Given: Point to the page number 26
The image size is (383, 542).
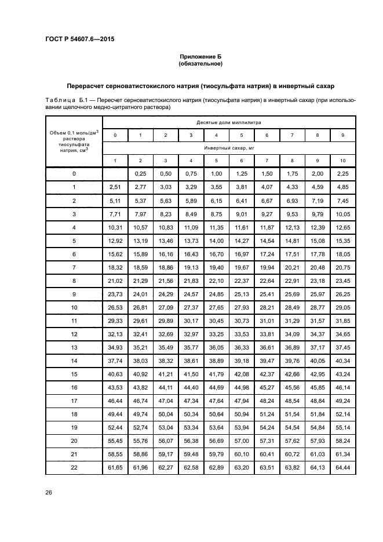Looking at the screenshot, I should (x=49, y=492).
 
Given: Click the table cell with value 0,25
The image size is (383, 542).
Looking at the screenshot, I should (x=140, y=173).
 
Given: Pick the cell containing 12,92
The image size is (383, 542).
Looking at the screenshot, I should (x=115, y=240).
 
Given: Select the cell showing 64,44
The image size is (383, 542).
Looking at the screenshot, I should (x=342, y=467).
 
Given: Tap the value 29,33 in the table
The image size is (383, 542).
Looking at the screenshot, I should (x=115, y=320).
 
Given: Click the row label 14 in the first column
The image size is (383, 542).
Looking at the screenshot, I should (x=74, y=360).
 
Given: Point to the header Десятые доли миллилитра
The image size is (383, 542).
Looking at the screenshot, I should (x=228, y=122).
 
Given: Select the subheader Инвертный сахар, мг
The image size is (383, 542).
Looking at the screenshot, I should (x=228, y=148).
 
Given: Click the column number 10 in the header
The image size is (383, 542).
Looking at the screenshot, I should (x=342, y=161).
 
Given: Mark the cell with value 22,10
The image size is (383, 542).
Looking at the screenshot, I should (x=216, y=280).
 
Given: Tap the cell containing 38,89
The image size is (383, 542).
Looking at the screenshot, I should (x=216, y=360).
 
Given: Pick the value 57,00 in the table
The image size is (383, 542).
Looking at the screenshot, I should (x=242, y=440).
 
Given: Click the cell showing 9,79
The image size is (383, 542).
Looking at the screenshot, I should (x=317, y=213).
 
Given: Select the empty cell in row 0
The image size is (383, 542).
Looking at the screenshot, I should (x=115, y=173).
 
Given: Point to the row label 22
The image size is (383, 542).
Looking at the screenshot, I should (x=74, y=467).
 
